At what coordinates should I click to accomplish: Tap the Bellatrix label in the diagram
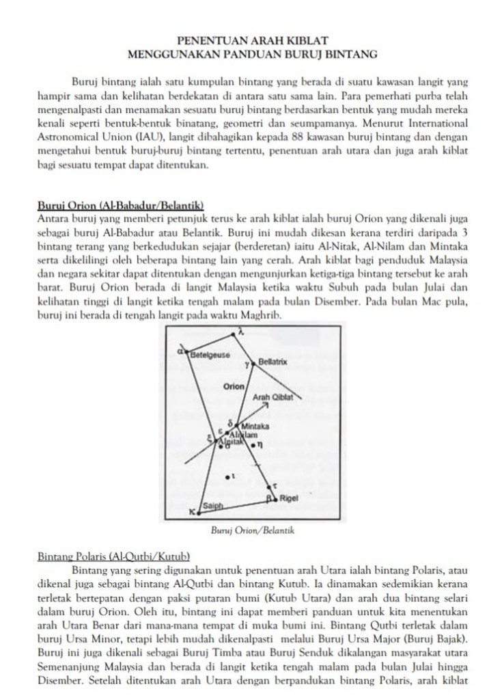tap(275, 360)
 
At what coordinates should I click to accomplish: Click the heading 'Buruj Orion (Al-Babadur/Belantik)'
tap(120, 205)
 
